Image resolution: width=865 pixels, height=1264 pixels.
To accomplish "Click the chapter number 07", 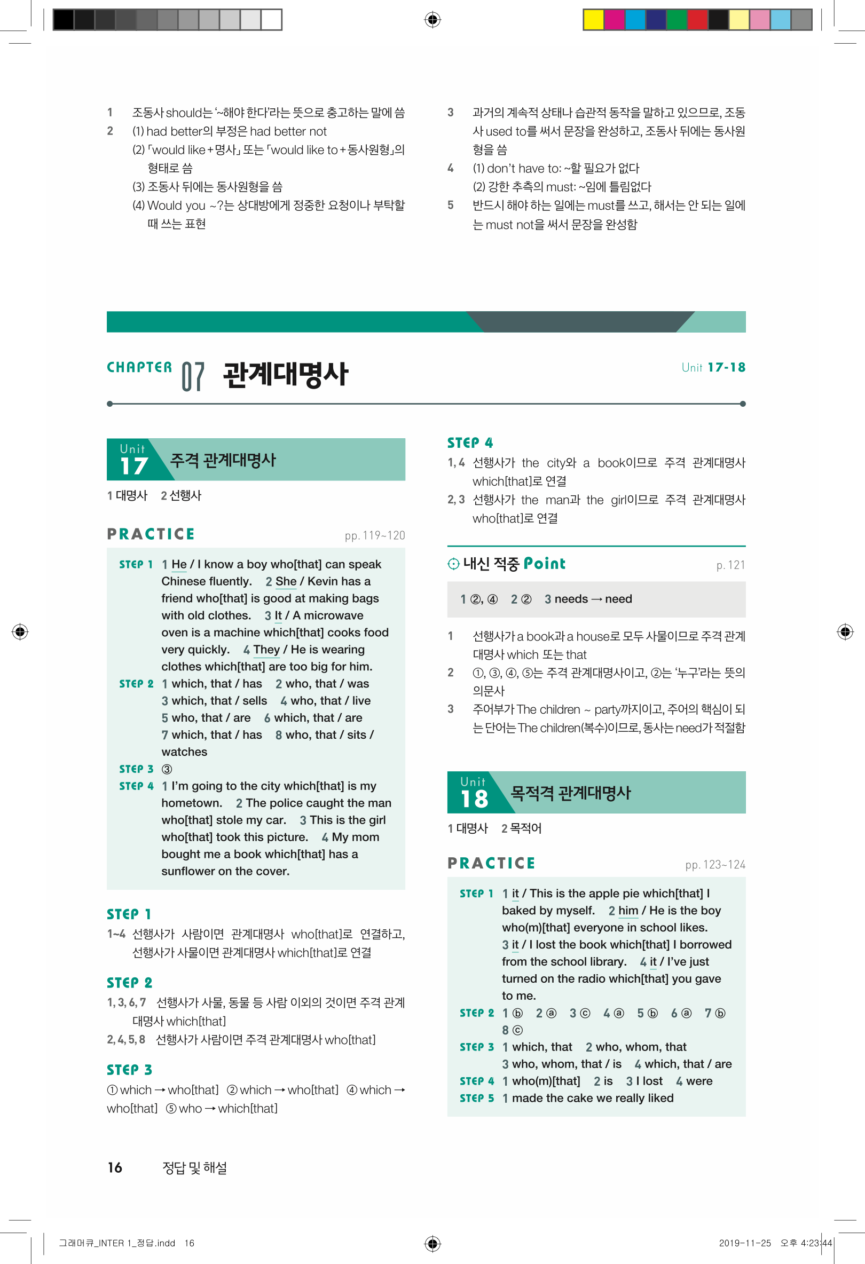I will pyautogui.click(x=193, y=376).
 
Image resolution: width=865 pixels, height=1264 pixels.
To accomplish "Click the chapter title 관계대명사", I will pyautogui.click(x=285, y=375).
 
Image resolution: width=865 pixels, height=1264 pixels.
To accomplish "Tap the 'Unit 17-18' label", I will pyautogui.click(x=713, y=368).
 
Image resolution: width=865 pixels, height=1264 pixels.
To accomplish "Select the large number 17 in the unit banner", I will pyautogui.click(x=134, y=466).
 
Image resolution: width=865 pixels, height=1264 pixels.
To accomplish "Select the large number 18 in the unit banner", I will pyautogui.click(x=474, y=799).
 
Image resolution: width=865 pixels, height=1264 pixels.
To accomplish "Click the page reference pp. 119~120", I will pyautogui.click(x=374, y=536).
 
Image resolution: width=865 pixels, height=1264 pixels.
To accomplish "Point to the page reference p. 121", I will pyautogui.click(x=730, y=566).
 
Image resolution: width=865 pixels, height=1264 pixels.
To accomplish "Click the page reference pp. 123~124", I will pyautogui.click(x=715, y=865).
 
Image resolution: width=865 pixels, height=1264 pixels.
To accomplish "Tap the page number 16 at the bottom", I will pyautogui.click(x=115, y=1167).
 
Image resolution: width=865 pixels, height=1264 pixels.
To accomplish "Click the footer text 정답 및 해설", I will pyautogui.click(x=194, y=1167).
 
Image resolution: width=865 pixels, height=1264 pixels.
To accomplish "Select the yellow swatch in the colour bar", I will pyautogui.click(x=593, y=20).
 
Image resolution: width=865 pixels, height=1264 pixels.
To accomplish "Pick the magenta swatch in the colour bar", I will pyautogui.click(x=614, y=20).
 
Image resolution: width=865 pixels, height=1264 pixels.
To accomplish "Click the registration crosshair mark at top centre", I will pyautogui.click(x=433, y=20).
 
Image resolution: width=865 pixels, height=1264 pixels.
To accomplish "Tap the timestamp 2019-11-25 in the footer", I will pyautogui.click(x=745, y=1243).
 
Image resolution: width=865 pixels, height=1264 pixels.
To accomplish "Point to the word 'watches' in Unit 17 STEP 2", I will pyautogui.click(x=184, y=752).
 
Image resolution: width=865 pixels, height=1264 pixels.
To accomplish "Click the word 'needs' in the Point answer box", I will pyautogui.click(x=571, y=599).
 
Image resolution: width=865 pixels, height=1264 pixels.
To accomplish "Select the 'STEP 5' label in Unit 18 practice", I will pyautogui.click(x=477, y=1098).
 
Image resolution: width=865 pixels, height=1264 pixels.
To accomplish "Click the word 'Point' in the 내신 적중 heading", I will pyautogui.click(x=544, y=564).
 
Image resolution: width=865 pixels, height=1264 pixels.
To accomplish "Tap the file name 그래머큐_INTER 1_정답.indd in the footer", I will pyautogui.click(x=117, y=1243).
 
